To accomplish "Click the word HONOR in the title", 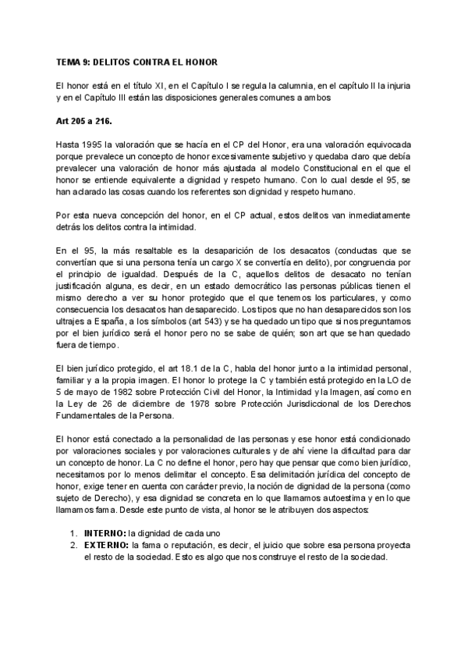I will pyautogui.click(x=200, y=62).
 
